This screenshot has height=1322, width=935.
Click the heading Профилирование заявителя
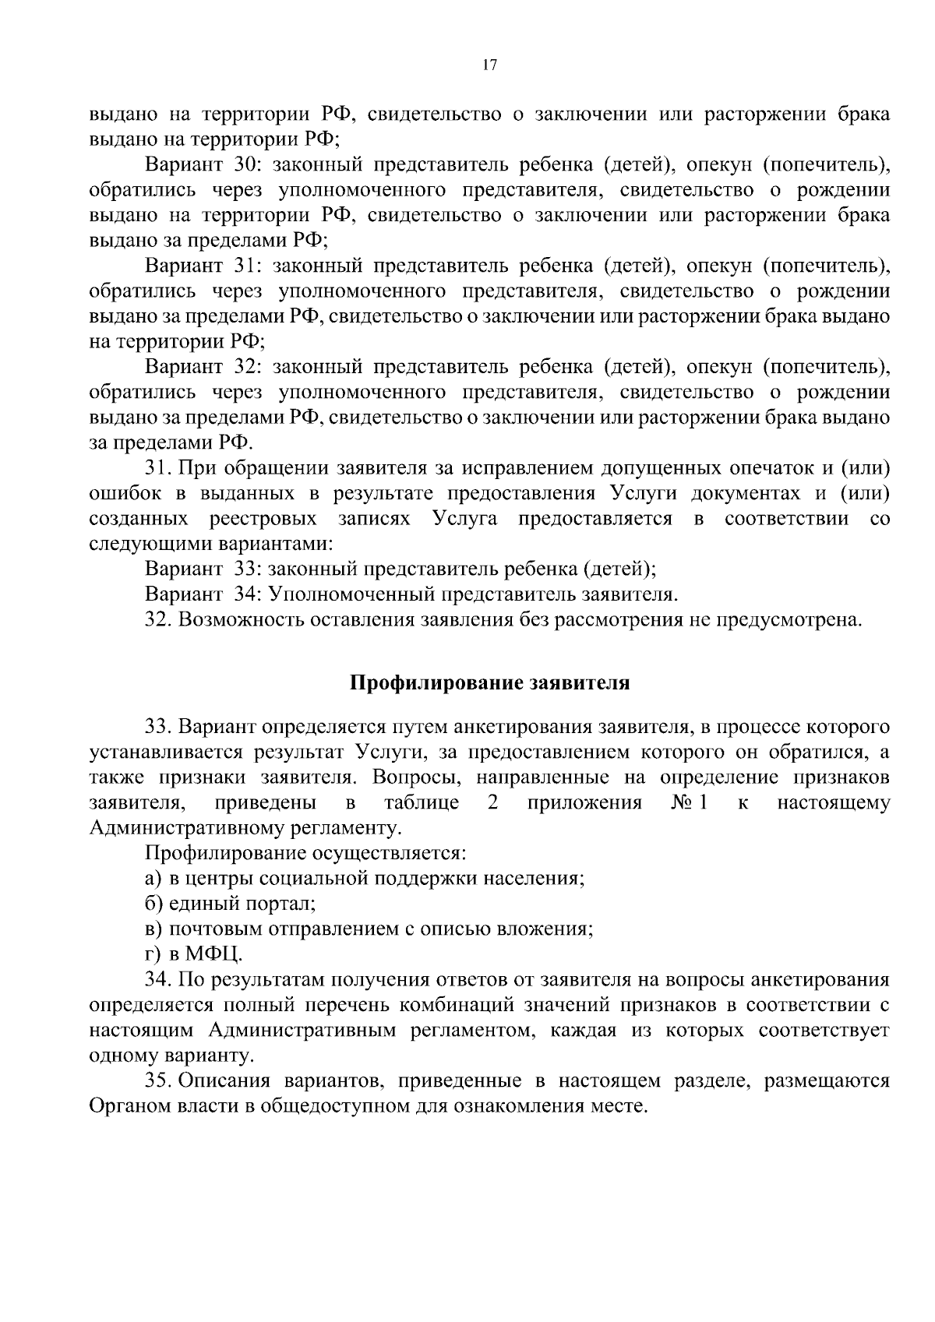489,683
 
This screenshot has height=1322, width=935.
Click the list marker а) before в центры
153,879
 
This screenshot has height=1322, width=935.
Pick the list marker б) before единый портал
153,904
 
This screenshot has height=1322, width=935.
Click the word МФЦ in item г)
213,954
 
